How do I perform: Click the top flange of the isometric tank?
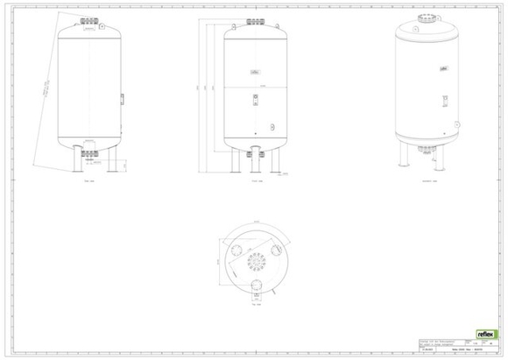(428, 20)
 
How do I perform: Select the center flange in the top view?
(256, 265)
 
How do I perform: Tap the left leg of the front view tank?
(234, 164)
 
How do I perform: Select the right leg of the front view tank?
(279, 164)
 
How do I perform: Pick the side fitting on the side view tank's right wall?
(121, 96)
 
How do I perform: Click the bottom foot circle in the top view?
(256, 288)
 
